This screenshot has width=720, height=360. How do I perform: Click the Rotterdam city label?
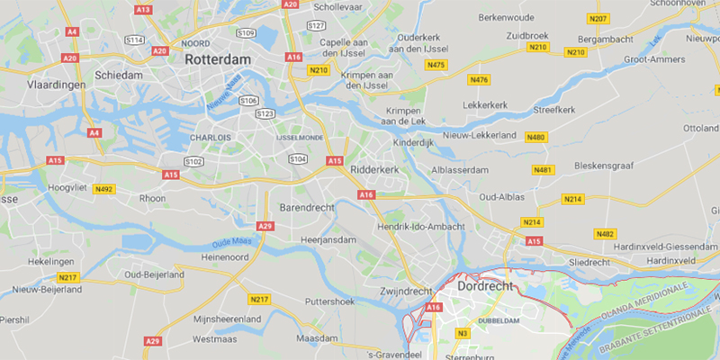tap(220, 58)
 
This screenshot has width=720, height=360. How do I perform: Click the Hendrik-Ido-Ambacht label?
tap(426, 226)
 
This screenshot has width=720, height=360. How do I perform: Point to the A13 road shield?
tap(142, 9)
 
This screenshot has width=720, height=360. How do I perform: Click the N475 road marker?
tap(436, 65)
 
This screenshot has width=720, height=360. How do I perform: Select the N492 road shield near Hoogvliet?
tap(105, 189)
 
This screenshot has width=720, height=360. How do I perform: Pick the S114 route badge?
tap(135, 40)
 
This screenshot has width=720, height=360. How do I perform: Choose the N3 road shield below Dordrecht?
tap(463, 332)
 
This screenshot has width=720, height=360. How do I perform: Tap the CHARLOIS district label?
tap(210, 138)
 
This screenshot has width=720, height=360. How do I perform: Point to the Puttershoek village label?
tap(333, 301)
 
